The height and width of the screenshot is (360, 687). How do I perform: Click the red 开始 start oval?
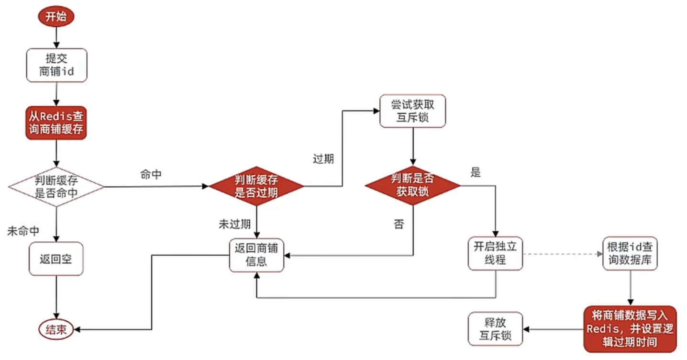click(x=56, y=17)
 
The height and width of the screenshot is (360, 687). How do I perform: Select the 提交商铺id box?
click(x=56, y=65)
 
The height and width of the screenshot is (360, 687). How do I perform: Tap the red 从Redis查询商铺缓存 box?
click(x=56, y=123)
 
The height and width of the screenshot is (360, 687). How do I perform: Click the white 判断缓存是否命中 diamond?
click(x=56, y=187)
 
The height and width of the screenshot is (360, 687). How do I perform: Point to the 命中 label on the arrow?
click(x=151, y=175)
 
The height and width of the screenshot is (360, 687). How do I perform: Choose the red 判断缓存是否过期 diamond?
click(x=256, y=186)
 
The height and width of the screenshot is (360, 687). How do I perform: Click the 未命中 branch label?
click(x=23, y=231)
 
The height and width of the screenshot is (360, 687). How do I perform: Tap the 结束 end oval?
click(x=56, y=329)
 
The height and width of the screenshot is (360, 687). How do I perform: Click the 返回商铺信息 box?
click(x=256, y=255)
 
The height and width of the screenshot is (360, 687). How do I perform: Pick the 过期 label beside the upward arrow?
click(x=323, y=159)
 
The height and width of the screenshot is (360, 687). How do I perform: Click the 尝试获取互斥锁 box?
click(x=413, y=111)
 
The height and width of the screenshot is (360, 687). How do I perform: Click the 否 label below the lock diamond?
click(x=399, y=225)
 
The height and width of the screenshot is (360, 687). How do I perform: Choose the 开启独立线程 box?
click(x=495, y=254)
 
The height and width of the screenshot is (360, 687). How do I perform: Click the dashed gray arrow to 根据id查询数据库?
click(x=563, y=254)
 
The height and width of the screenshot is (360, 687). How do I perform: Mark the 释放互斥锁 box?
click(x=495, y=328)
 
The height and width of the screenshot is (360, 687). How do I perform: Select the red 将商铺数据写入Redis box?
click(x=630, y=329)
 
